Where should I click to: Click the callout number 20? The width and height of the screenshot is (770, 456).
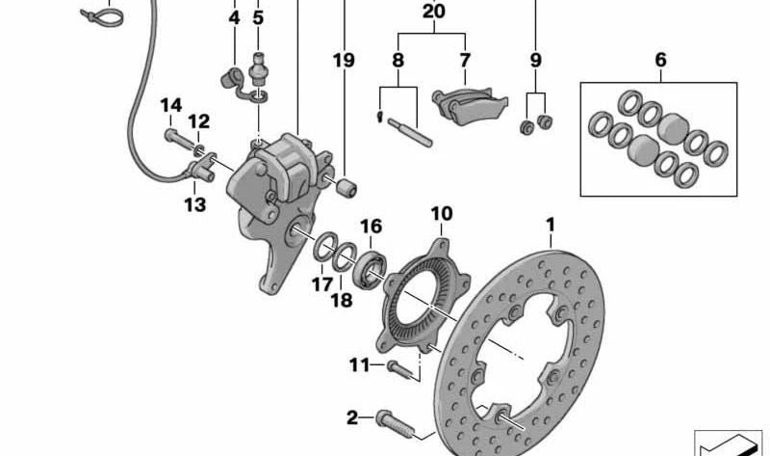coord(434,13)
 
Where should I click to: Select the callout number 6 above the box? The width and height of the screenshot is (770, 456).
coord(660,60)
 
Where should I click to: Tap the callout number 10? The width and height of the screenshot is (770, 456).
coord(441,213)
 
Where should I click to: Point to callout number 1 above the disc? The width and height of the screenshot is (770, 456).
coord(552,226)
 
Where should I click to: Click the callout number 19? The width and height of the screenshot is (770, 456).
coord(344,60)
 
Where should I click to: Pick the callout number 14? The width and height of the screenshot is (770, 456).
coord(170,105)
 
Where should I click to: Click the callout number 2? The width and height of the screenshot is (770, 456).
coord(352,417)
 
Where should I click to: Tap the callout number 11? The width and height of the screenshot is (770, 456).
coord(359,364)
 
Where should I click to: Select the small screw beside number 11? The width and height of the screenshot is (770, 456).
coord(403,366)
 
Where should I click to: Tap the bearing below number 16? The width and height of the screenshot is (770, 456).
coord(370,269)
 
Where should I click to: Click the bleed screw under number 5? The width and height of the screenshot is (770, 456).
coord(257,70)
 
